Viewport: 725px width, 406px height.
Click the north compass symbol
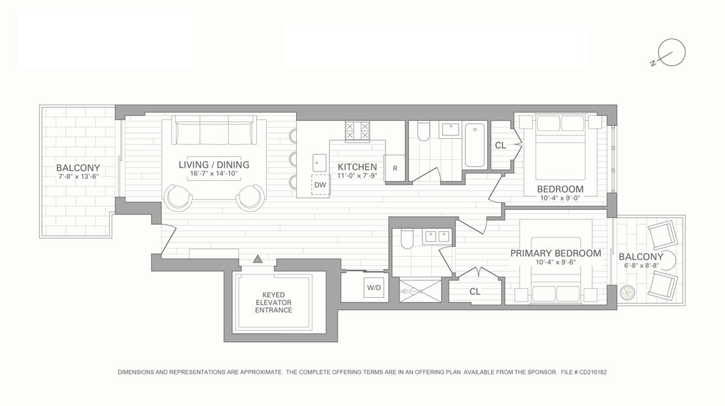671,53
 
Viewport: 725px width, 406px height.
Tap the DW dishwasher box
320,185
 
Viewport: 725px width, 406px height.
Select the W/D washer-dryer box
374,288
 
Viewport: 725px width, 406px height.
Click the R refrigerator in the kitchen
395,169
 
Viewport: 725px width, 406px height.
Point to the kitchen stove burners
356,130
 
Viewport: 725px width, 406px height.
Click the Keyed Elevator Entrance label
273,302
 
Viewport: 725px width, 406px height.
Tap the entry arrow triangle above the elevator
258,259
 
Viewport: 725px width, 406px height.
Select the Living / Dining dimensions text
213,174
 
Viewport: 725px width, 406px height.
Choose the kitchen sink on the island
320,161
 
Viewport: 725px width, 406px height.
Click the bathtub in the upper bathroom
475,144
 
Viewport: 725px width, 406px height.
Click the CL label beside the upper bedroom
500,146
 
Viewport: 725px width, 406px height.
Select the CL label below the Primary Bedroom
475,291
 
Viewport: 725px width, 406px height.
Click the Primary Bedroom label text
555,253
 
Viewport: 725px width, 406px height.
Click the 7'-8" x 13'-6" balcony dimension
78,177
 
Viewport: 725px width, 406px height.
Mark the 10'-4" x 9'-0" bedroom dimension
560,198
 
